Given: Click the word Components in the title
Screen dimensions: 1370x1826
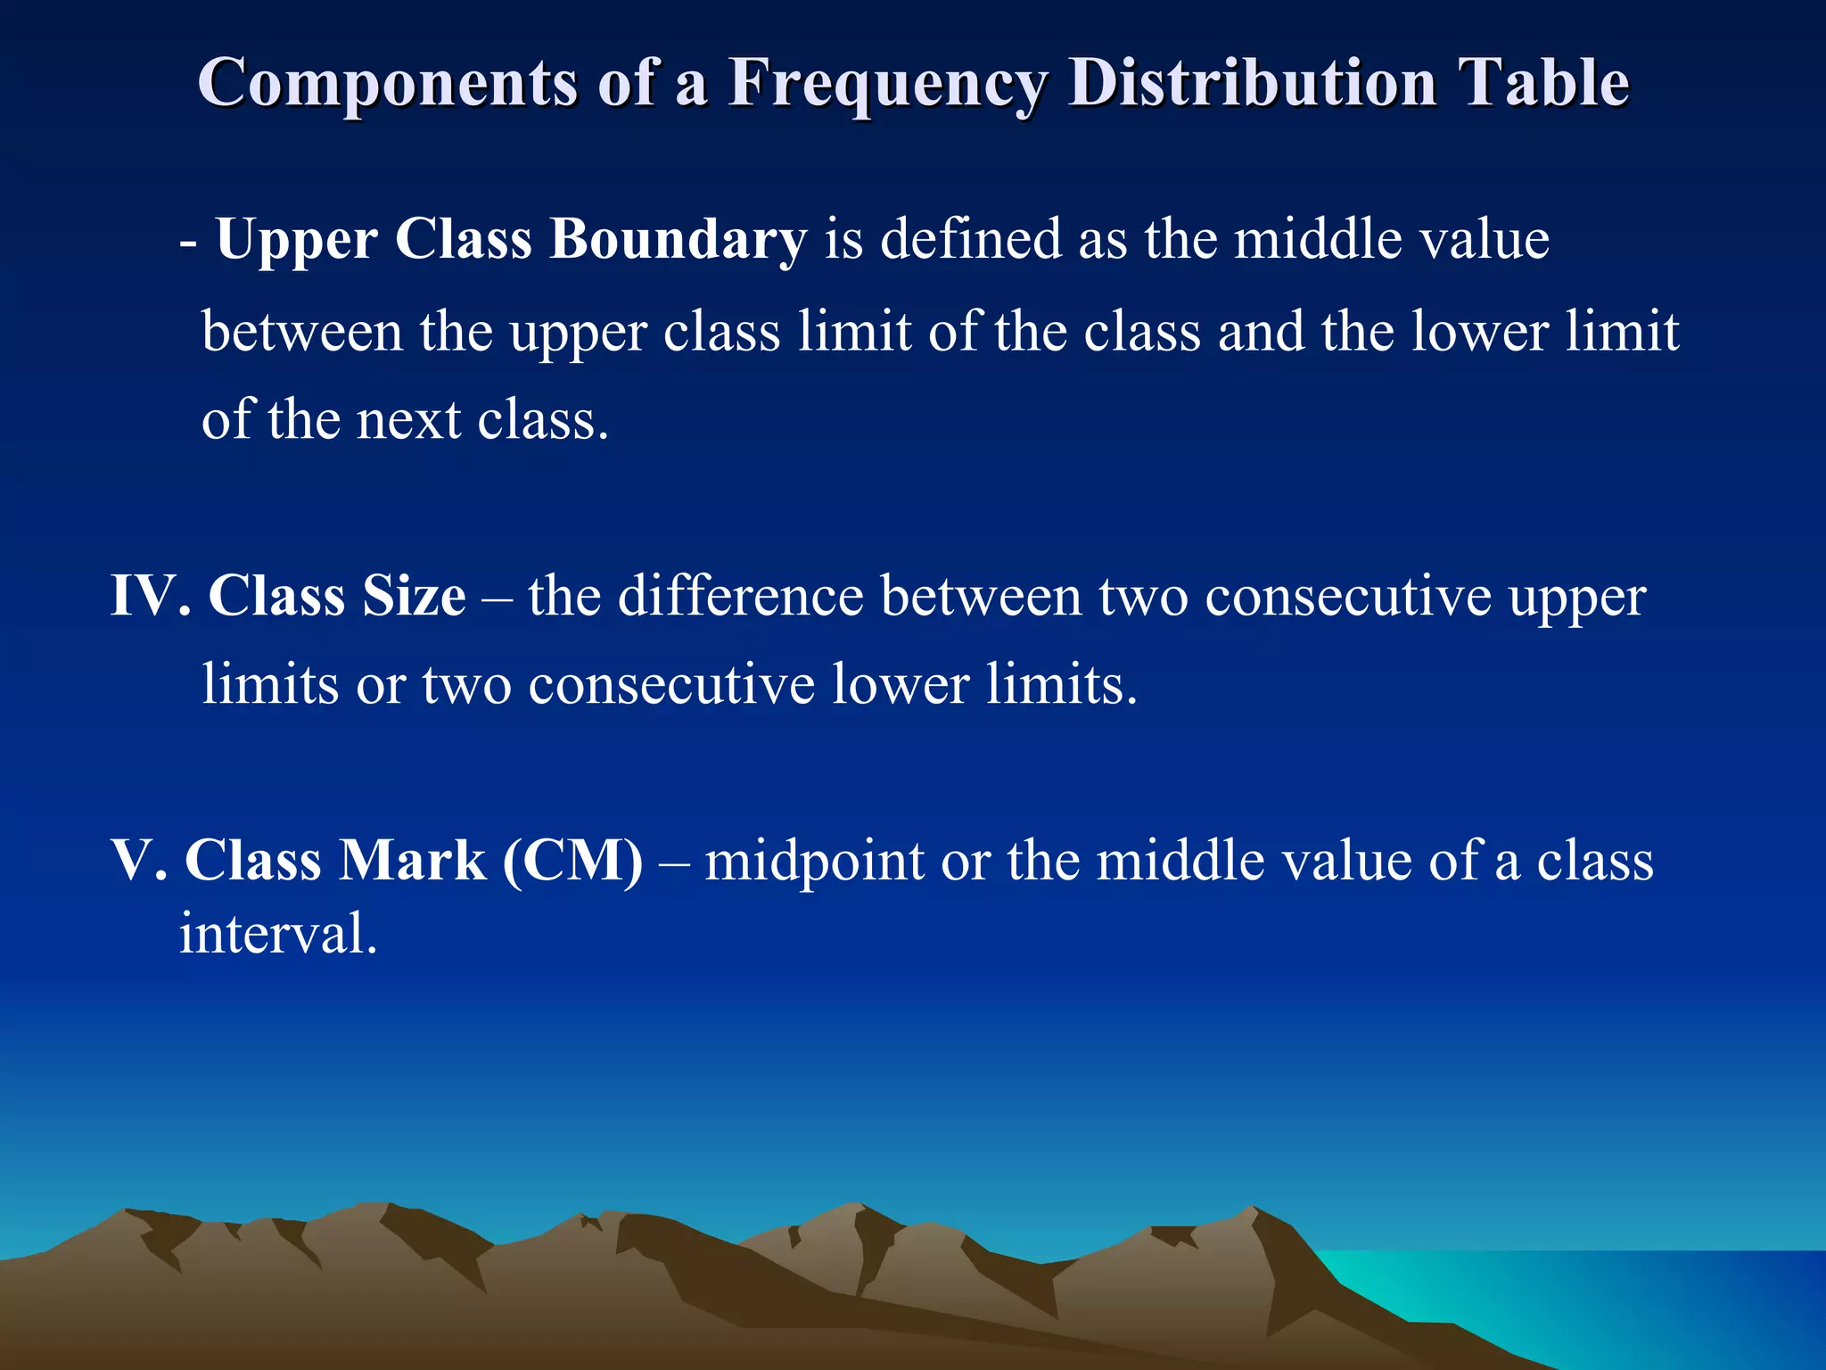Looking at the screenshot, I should coord(388,82).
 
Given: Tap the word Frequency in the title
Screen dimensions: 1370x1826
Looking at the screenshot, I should coord(887,84).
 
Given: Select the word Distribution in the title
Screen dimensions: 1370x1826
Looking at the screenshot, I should coord(1252,82).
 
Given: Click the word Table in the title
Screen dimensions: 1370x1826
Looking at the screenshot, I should coord(1543,82).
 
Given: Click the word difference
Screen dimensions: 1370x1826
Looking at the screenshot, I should coord(740,596).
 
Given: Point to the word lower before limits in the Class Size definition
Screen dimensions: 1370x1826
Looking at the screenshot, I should coord(900,684).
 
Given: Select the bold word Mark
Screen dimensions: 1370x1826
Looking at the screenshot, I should coord(413,861).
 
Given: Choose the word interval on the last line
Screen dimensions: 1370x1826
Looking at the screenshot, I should coord(277,934).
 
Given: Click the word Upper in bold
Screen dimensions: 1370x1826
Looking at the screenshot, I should coord(296,241).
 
